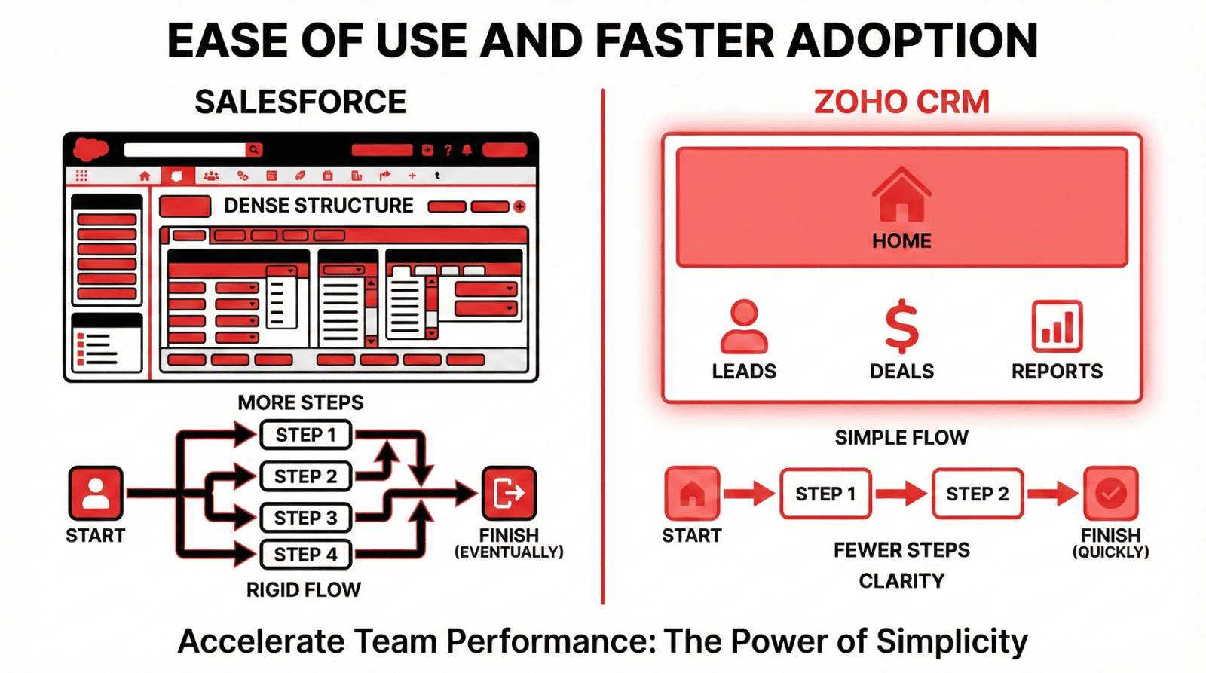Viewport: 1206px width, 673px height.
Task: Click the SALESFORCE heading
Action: click(301, 102)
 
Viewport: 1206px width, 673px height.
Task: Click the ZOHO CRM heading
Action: click(901, 102)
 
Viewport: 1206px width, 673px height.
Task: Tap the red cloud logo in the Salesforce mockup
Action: click(90, 149)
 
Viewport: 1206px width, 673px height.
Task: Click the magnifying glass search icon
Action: click(253, 150)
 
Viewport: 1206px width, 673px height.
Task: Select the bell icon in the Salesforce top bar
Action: click(467, 150)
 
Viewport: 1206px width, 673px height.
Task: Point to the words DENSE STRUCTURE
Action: click(319, 206)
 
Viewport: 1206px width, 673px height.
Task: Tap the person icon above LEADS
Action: click(744, 326)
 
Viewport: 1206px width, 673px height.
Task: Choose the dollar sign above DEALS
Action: click(901, 326)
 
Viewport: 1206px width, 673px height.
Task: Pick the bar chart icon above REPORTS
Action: click(1057, 326)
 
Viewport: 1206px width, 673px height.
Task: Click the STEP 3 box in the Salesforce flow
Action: click(306, 518)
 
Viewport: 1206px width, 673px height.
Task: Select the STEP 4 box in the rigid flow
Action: click(306, 554)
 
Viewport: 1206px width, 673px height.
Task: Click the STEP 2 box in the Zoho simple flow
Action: click(978, 494)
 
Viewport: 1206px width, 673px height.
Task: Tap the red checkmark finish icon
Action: click(1111, 493)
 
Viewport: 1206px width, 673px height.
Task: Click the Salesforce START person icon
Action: click(96, 493)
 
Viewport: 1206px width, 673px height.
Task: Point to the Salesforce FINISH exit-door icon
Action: click(509, 493)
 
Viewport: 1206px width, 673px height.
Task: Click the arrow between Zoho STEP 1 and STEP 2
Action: click(901, 494)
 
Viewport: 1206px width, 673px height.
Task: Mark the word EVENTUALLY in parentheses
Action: click(509, 552)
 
